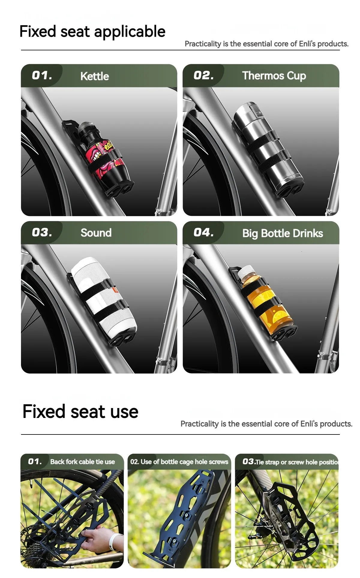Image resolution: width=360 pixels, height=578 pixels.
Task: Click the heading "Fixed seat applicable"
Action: tap(92, 32)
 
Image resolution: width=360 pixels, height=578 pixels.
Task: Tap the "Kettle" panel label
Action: tap(94, 76)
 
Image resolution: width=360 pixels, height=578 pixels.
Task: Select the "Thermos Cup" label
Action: tap(274, 76)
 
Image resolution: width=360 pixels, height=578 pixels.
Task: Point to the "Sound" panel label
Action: tap(96, 233)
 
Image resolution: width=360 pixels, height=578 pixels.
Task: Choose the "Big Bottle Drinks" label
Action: tap(283, 233)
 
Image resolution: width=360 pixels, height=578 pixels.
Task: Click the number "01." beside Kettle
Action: tap(42, 75)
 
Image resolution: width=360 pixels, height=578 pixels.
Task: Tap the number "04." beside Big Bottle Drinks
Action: tap(204, 232)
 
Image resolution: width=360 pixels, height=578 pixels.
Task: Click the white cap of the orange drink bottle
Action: tap(246, 271)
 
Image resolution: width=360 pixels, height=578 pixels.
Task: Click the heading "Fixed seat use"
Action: tap(80, 411)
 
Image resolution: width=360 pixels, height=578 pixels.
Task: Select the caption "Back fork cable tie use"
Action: tap(82, 462)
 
